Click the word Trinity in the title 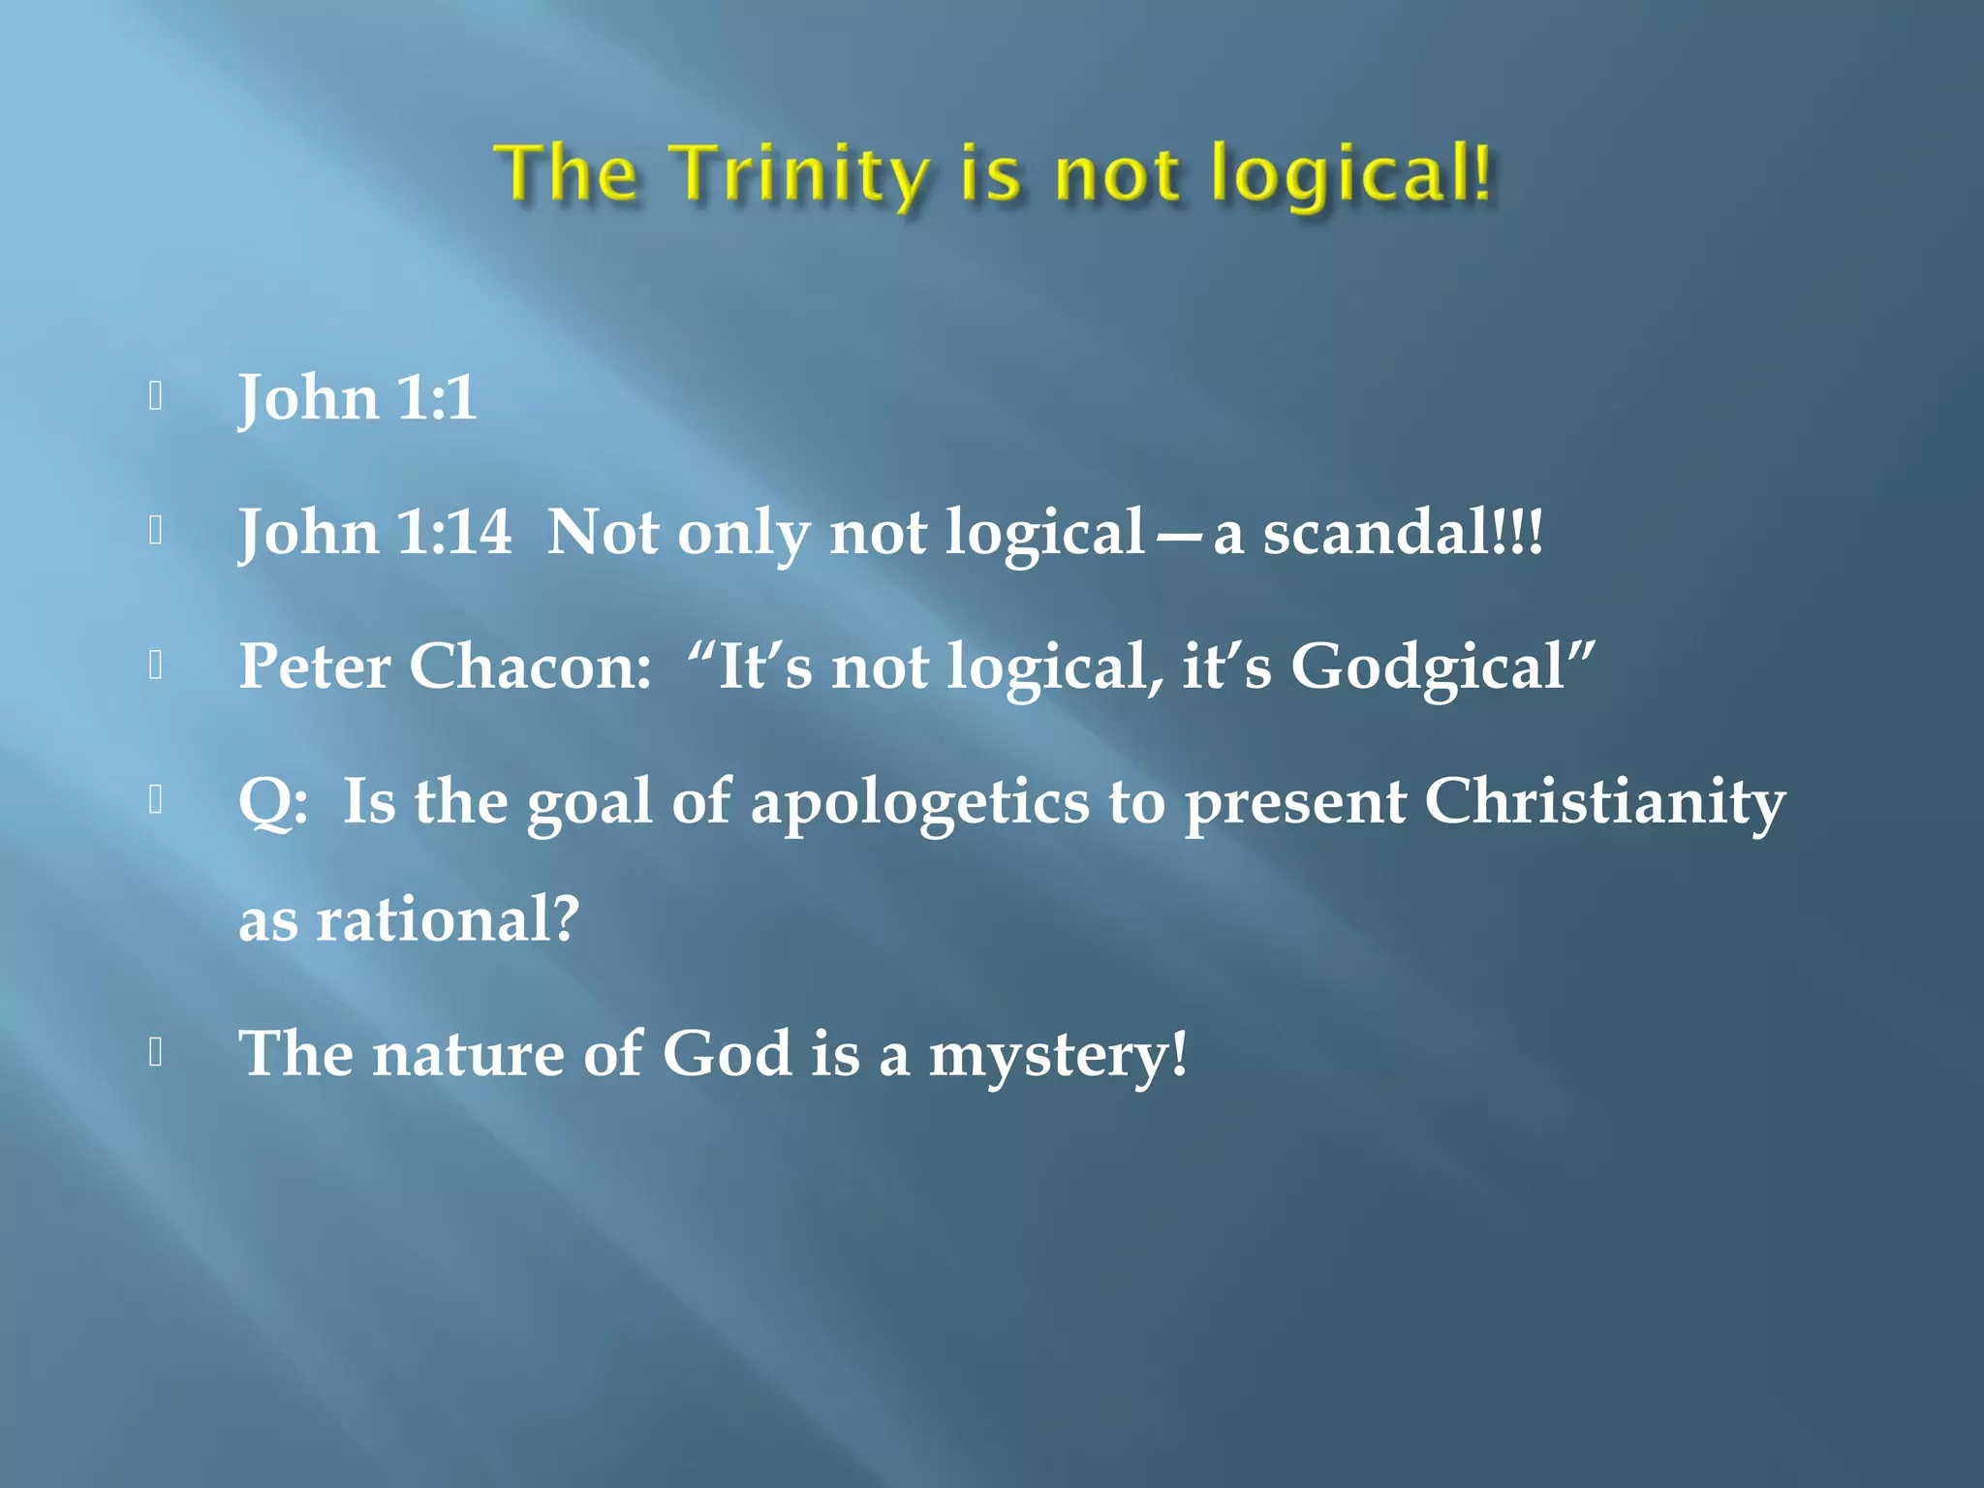(800, 174)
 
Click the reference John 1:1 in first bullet (357, 398)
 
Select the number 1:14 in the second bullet (454, 532)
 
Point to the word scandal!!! (1403, 532)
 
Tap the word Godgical (1428, 668)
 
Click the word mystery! (1057, 1054)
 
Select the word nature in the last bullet (467, 1054)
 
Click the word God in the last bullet (727, 1053)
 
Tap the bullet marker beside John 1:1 (156, 396)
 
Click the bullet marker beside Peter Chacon (156, 666)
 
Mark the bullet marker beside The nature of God (156, 1052)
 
